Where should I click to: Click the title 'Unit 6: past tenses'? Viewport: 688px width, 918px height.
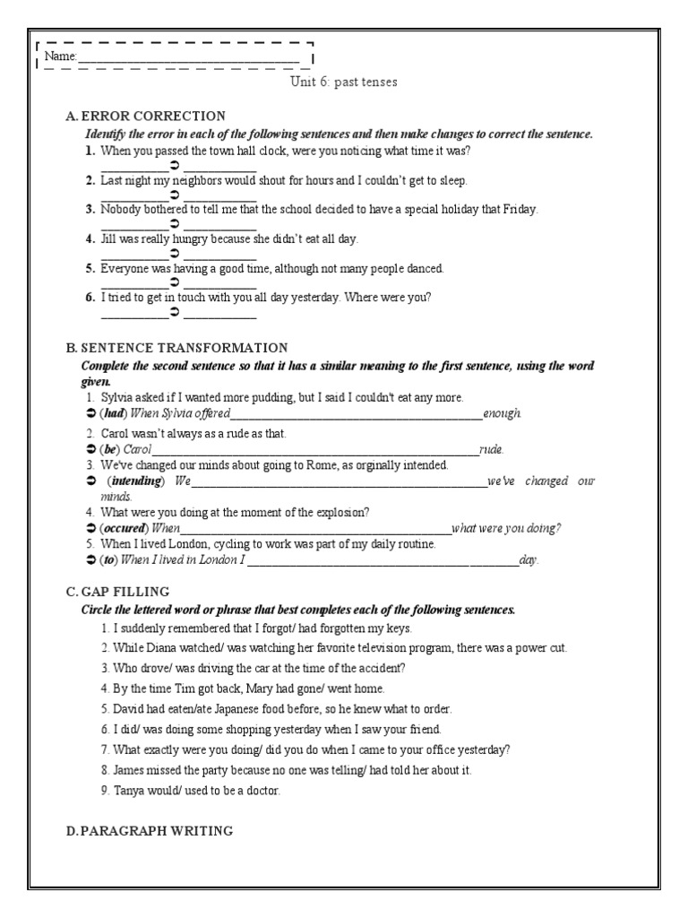343,82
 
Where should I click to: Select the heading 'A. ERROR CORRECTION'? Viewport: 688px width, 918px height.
145,117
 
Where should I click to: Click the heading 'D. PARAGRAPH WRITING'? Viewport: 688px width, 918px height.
150,831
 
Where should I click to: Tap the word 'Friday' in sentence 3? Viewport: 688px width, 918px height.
520,210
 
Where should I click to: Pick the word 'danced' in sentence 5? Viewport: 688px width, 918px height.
425,268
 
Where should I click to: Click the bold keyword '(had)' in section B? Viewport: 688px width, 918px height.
113,414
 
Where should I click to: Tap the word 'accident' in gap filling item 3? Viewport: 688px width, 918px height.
382,668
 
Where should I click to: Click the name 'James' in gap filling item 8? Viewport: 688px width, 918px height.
132,769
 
